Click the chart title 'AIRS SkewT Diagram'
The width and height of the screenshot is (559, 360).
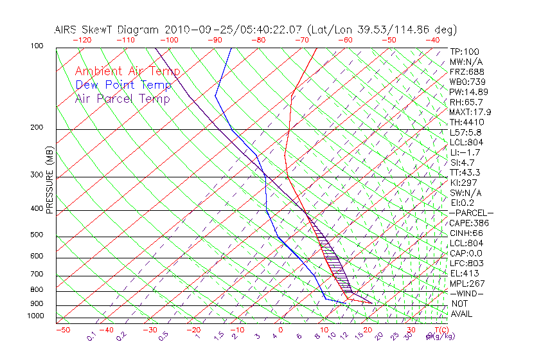(107, 30)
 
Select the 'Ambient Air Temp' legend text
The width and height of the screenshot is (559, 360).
(127, 71)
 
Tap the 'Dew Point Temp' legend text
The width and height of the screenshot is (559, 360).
(123, 85)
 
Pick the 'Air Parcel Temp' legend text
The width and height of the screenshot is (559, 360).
(122, 98)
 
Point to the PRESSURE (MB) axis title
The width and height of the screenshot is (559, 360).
(49, 179)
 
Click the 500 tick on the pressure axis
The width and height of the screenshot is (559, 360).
(37, 235)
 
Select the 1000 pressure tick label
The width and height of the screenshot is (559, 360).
(35, 316)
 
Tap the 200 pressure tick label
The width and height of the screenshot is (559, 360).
(37, 128)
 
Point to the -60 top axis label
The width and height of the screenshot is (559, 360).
(345, 40)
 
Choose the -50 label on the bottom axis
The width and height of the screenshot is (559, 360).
(62, 330)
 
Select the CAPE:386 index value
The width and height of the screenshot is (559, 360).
(468, 223)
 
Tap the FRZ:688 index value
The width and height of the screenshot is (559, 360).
(466, 71)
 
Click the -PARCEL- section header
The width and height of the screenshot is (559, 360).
(471, 213)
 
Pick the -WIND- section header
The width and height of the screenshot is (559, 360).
(467, 293)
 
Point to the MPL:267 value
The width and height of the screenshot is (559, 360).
(466, 283)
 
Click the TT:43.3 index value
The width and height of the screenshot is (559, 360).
(465, 172)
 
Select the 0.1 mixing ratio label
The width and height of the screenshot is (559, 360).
(92, 336)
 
